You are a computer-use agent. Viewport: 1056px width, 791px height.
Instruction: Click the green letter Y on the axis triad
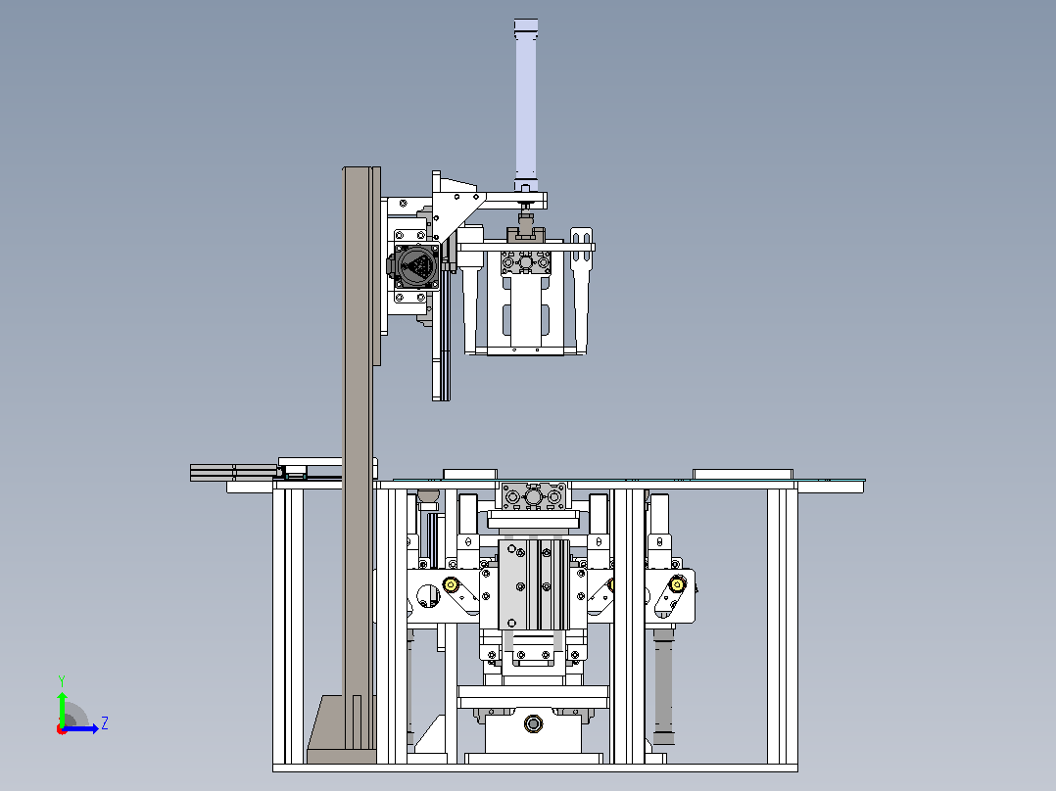(x=62, y=680)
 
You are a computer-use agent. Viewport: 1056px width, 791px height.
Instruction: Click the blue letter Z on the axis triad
(x=105, y=723)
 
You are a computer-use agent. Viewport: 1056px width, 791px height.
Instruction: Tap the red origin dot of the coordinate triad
(x=62, y=729)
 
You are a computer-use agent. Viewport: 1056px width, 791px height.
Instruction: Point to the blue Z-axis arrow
(x=80, y=728)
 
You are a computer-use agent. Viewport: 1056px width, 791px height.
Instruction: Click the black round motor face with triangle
(x=416, y=266)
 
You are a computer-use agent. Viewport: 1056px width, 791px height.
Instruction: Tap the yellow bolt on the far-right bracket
(x=677, y=584)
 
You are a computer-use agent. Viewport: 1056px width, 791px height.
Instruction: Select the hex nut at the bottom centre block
(x=533, y=724)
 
